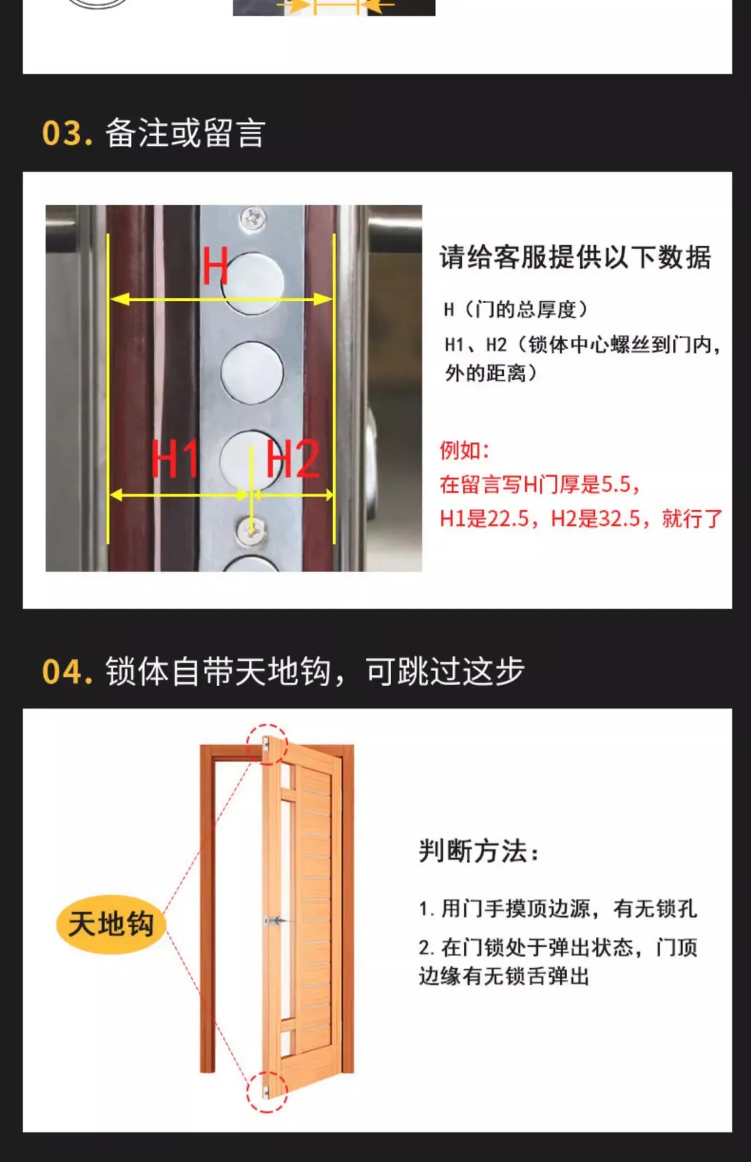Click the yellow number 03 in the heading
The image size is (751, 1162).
point(62,133)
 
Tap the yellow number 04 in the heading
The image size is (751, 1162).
point(63,672)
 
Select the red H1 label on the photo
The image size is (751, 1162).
point(174,458)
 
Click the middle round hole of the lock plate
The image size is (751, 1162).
point(252,372)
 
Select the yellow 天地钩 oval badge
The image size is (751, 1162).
point(111,924)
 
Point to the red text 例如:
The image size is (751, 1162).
point(464,450)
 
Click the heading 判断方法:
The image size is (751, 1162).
point(478,851)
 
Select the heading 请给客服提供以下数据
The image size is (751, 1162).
point(575,257)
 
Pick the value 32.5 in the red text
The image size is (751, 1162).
point(620,519)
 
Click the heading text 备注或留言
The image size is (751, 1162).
point(185,133)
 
